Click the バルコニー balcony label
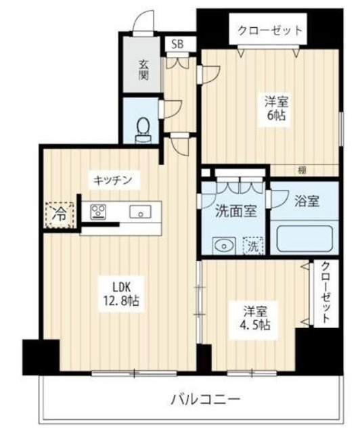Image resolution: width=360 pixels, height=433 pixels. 210,399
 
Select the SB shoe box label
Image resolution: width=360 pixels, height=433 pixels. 178,44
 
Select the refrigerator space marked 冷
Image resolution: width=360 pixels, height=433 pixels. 61,215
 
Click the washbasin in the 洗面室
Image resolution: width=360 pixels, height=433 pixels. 222,244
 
